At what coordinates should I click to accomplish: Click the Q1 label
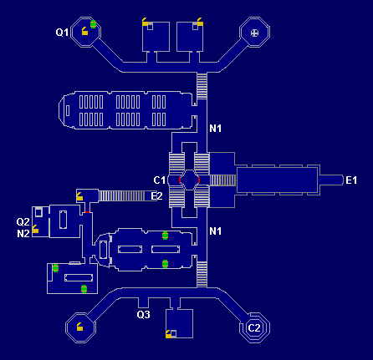coord(61,33)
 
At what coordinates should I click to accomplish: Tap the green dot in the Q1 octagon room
coord(94,23)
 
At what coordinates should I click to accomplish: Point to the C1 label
coord(160,180)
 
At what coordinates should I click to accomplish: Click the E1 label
coord(351,180)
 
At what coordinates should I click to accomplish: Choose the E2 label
coord(156,196)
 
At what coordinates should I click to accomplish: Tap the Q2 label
coord(23,222)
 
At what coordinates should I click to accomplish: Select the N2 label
coord(23,234)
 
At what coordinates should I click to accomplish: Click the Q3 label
coord(143,315)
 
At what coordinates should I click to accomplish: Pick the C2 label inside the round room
coord(255,327)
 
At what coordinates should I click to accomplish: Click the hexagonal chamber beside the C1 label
coord(190,180)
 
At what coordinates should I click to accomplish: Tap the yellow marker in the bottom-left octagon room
coord(79,327)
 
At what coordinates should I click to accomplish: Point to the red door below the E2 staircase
coord(87,212)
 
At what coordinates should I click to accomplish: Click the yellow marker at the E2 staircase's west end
coord(79,196)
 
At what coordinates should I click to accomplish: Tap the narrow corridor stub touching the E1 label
coord(331,180)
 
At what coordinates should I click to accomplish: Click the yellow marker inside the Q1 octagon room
coord(84,33)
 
